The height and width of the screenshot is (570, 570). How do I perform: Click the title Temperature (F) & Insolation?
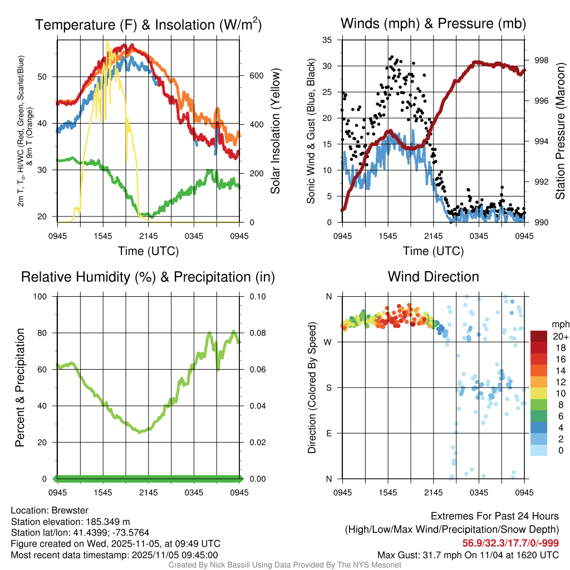[x=148, y=24]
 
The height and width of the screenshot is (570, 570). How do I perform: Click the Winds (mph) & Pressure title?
[x=433, y=23]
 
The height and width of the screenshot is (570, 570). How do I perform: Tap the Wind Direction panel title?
[x=433, y=277]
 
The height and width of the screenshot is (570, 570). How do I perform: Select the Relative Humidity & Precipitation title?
[x=148, y=277]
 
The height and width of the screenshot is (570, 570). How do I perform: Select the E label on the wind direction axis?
[x=329, y=433]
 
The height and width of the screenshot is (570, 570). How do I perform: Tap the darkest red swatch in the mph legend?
[x=539, y=336]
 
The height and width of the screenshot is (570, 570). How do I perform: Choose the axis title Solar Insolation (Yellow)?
[x=276, y=131]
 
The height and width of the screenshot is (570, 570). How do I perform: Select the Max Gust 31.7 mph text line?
[x=468, y=554]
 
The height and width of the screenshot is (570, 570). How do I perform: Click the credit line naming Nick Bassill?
[x=284, y=565]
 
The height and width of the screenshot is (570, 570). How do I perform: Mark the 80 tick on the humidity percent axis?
[x=44, y=333]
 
